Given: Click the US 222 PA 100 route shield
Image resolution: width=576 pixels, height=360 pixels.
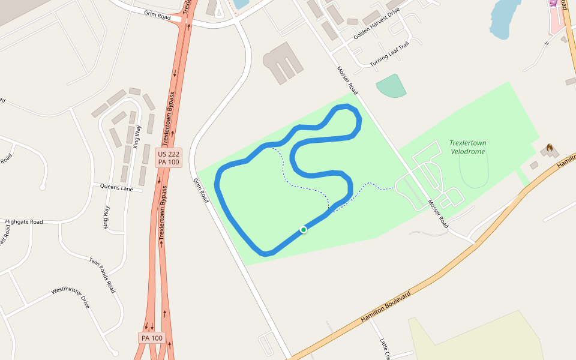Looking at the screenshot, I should [169, 158].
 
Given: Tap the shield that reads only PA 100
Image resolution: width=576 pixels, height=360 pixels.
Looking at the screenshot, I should [152, 338].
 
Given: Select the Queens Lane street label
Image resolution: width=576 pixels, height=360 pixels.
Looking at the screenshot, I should [116, 188].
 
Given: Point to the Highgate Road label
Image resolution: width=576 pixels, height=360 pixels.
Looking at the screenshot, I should [25, 222].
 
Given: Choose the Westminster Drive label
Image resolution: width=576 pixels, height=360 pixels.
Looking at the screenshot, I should [70, 298].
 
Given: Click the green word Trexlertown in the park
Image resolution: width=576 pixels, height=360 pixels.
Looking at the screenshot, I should [468, 143].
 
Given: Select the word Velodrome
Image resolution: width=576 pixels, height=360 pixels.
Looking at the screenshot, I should [468, 151].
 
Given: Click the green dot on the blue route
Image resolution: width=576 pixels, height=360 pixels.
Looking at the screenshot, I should [304, 230].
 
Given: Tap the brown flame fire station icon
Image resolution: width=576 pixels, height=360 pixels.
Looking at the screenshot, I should [549, 148].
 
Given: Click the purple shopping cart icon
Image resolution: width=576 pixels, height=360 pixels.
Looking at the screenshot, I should [553, 2].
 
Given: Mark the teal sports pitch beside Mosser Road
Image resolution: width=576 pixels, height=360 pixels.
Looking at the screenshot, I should [391, 86].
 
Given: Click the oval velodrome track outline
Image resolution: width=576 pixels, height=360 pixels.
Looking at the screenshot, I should [473, 170].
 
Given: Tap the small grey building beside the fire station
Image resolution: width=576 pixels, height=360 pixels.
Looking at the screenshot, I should [534, 165].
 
